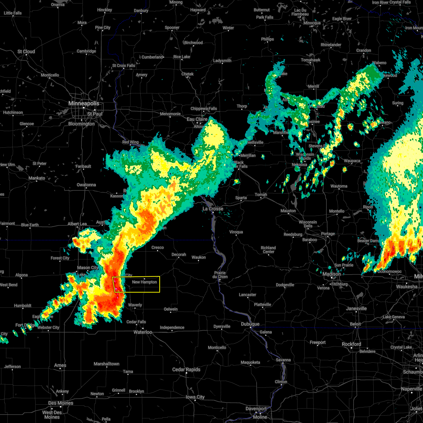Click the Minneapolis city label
[84, 104]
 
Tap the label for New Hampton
[145, 282]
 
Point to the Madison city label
[331, 274]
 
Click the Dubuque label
[250, 324]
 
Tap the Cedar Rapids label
[186, 369]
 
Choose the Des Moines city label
[61, 403]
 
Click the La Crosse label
[213, 209]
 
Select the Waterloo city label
[143, 332]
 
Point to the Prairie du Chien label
[220, 275]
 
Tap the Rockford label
[351, 344]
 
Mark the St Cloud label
[26, 51]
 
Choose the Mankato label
[37, 178]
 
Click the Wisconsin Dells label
[308, 224]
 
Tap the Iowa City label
[195, 397]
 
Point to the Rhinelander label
[331, 45]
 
